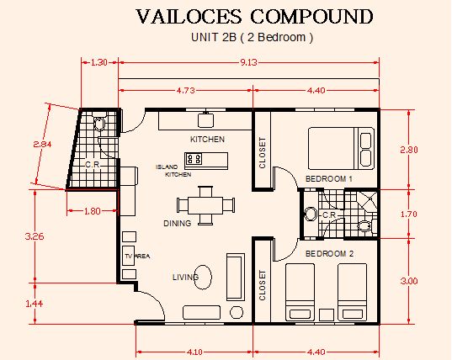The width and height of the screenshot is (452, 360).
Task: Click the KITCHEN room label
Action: tap(207, 140)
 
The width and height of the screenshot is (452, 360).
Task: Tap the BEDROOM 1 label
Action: tap(329, 179)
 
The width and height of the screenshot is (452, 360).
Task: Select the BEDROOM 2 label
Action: tap(329, 254)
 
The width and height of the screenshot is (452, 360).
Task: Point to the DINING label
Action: tap(177, 223)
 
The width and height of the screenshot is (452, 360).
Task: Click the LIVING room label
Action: tap(186, 277)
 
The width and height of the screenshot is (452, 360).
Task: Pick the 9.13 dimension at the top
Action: tap(248, 62)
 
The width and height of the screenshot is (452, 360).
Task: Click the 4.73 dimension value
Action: tap(186, 91)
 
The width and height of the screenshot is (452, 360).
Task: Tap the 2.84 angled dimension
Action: tap(42, 144)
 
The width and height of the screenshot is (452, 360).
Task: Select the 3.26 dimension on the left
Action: tap(35, 236)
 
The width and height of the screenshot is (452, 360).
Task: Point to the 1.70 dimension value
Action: tap(409, 214)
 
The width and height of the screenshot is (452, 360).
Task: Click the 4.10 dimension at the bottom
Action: tap(194, 352)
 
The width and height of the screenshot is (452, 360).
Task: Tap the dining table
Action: tap(205, 205)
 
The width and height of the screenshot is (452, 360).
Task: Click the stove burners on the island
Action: tap(194, 159)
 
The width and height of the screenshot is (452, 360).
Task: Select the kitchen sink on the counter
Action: tap(206, 120)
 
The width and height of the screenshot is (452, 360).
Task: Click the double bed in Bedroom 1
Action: tap(341, 148)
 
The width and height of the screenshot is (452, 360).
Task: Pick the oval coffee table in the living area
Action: tap(203, 277)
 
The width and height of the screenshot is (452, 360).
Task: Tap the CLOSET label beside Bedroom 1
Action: tap(262, 153)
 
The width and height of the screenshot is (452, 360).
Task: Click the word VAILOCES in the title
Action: tap(189, 17)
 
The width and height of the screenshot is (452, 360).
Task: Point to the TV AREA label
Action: tap(137, 256)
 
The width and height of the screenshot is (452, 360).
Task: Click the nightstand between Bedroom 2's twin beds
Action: tap(327, 315)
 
